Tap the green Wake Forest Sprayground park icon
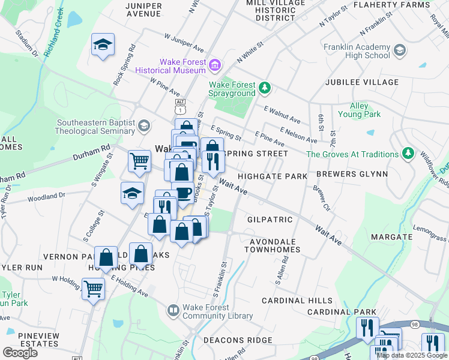265,89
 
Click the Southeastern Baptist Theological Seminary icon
143,125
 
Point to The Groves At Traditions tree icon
408,154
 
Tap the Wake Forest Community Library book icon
173,310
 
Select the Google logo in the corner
20,352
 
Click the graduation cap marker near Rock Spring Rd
103,44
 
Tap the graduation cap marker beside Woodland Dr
133,193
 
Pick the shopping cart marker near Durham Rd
139,160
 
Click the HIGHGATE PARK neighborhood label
272,176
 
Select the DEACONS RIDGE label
238,340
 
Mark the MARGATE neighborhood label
391,237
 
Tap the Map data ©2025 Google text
412,355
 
